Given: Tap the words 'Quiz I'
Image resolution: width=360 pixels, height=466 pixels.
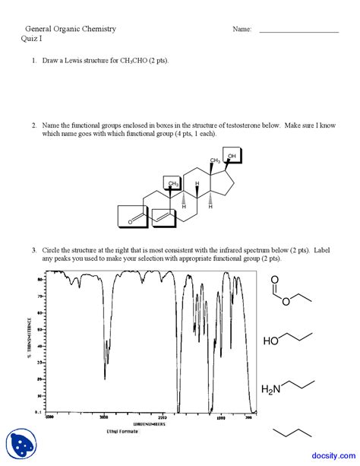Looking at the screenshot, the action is (x=31, y=39).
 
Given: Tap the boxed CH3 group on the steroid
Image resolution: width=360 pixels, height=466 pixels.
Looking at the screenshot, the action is (x=173, y=184).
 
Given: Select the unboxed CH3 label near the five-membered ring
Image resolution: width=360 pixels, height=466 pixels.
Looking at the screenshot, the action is (x=215, y=161).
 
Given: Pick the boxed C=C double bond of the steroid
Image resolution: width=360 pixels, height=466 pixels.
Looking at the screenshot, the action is (x=164, y=217).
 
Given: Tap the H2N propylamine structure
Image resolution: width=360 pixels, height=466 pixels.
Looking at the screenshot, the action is (x=286, y=388).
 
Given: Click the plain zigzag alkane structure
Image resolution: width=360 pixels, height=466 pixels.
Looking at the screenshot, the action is (x=291, y=432).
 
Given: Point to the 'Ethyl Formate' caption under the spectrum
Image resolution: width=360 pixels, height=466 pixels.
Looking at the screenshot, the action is (x=123, y=430).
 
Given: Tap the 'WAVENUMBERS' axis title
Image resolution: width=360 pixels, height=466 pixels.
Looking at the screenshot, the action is (x=149, y=423).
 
